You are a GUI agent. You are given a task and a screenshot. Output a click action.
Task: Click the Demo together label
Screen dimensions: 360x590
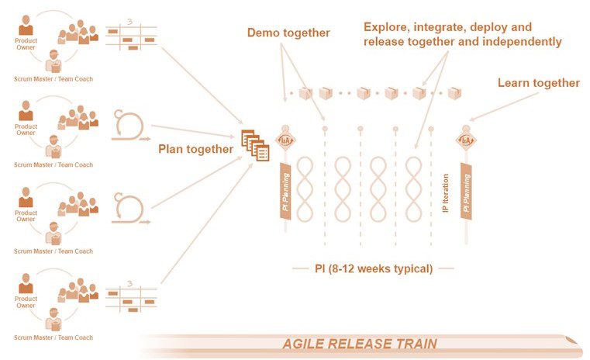coord(288,33)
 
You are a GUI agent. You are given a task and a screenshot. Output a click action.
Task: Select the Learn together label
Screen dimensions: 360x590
coord(538,83)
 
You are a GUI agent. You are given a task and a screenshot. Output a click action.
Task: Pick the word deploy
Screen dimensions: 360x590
coord(491,27)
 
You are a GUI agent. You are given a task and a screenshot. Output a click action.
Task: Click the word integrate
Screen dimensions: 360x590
coord(441,27)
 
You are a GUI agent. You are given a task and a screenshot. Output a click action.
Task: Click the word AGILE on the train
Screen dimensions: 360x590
coord(303,344)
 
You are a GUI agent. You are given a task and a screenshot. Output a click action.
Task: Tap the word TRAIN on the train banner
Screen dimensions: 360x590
coord(415,344)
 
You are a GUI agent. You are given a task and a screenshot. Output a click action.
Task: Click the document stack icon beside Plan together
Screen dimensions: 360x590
coord(255,144)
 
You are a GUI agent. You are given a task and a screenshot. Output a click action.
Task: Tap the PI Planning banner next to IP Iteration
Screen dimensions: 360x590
coord(466,190)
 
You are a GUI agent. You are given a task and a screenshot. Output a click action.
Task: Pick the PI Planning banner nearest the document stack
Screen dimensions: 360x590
coord(285,190)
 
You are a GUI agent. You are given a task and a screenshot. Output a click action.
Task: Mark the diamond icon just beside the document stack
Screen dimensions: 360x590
coord(285,140)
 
